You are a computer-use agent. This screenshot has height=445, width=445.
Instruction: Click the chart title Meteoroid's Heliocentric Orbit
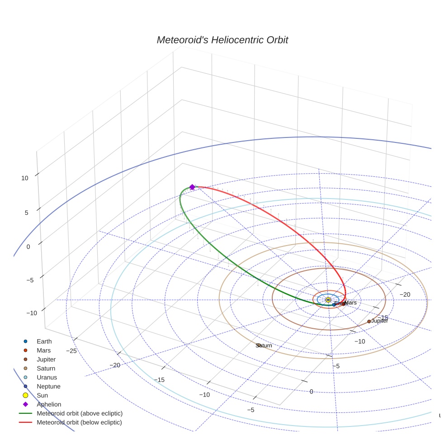point(222,40)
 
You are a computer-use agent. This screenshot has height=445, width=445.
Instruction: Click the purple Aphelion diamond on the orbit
point(192,187)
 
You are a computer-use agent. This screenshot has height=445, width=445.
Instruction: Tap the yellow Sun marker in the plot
point(328,300)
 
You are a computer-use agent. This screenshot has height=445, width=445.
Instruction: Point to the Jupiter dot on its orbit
point(369,322)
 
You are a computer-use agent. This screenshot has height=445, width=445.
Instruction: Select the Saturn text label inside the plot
point(264,346)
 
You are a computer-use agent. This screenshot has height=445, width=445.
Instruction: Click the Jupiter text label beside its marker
point(380,321)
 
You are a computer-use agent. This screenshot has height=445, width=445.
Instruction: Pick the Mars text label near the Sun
point(351,303)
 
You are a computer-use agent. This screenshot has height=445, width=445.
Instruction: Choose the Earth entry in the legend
point(44,341)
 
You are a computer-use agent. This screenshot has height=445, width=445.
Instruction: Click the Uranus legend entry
point(47,378)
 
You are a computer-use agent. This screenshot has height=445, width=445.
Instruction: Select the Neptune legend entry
point(48,387)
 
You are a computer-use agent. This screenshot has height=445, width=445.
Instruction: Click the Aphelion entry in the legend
point(49,405)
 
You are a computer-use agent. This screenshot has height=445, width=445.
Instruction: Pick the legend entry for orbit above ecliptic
point(80,414)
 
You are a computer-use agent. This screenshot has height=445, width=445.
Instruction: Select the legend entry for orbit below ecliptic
point(79,423)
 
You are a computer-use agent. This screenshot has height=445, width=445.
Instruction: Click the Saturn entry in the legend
point(46,369)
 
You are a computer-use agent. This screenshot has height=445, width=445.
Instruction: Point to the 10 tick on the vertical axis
point(24,178)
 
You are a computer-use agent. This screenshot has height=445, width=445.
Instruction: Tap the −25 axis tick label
point(71,351)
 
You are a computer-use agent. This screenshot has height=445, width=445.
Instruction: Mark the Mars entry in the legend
point(43,350)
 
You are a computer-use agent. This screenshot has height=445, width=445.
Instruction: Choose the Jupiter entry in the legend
point(46,360)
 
